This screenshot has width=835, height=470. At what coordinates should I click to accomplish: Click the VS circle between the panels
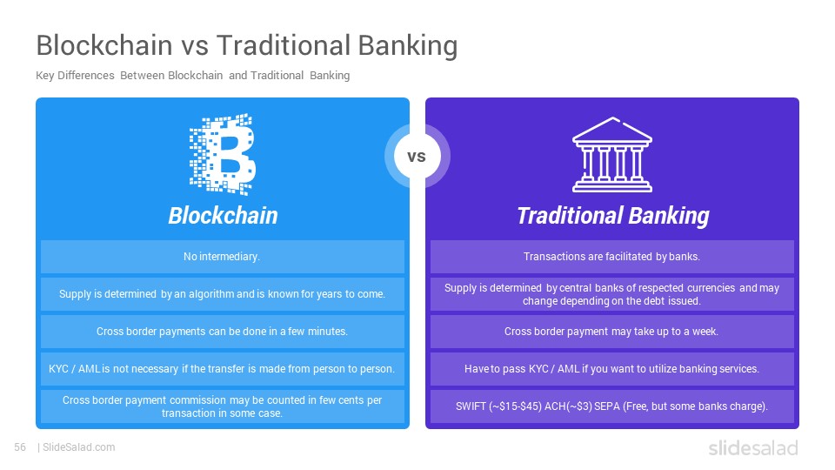(417, 156)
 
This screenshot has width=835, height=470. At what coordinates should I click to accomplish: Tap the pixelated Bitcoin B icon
(223, 154)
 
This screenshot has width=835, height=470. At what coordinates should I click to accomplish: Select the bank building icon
(612, 155)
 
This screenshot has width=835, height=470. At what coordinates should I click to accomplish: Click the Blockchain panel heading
(224, 216)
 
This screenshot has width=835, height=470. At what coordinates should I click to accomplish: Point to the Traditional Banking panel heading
(613, 216)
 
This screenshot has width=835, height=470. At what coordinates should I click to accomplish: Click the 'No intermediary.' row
(223, 257)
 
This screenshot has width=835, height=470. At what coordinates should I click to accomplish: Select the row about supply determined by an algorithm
(223, 294)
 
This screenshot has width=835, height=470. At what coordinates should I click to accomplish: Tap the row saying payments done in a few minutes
(223, 332)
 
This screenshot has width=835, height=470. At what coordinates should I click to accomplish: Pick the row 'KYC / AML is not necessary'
(223, 369)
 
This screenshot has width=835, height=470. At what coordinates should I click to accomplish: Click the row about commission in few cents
(223, 406)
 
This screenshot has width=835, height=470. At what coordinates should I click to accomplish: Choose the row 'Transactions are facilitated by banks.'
(611, 257)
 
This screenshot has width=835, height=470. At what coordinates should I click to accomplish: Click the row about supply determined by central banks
(611, 294)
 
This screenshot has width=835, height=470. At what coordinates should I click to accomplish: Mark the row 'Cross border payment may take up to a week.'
(611, 332)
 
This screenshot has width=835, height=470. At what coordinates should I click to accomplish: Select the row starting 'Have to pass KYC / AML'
(611, 369)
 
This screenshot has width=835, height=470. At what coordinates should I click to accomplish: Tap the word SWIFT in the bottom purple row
(471, 406)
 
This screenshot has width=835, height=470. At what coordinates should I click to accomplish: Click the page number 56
(20, 447)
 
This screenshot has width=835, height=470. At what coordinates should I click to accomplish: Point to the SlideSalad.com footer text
(78, 447)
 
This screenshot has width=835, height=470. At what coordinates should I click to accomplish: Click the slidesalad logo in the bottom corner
(753, 448)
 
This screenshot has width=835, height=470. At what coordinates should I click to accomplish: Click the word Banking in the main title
(407, 45)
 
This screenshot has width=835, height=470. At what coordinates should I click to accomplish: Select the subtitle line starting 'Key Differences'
(193, 76)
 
